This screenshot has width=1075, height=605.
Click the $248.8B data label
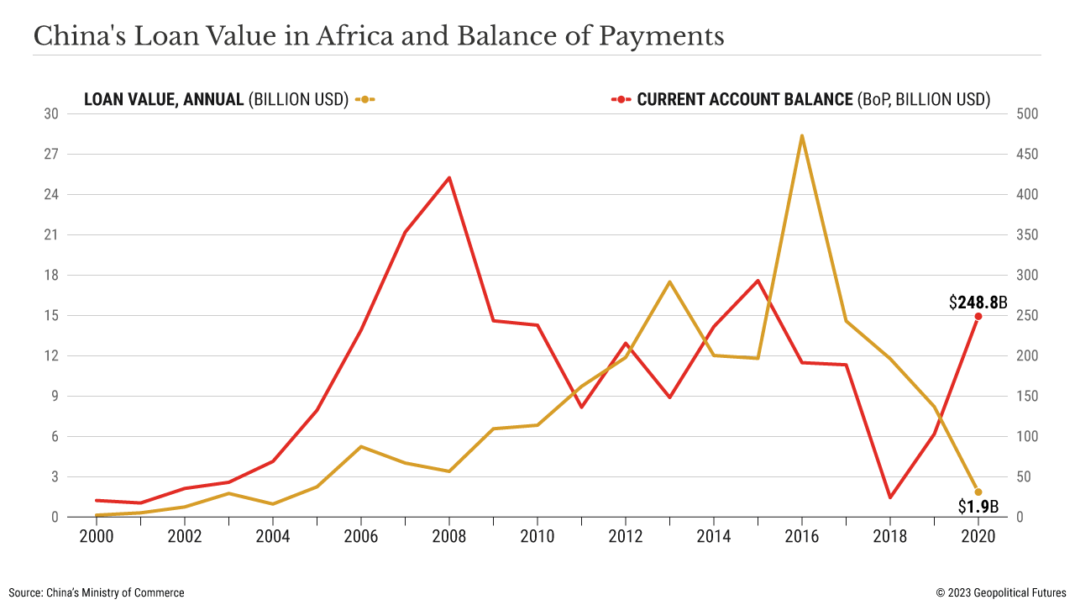click(978, 302)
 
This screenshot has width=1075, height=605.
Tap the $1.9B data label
click(978, 507)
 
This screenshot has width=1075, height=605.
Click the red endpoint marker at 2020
click(978, 316)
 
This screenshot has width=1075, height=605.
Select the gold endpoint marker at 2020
click(978, 492)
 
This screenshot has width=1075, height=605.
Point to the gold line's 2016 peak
click(802, 135)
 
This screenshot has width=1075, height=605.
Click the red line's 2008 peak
click(449, 177)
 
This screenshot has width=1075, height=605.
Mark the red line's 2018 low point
click(890, 497)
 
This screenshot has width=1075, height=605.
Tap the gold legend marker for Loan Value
click(364, 99)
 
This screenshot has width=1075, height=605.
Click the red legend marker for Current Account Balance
click(621, 99)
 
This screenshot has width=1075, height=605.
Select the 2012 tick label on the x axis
click(626, 535)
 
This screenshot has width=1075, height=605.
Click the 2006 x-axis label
click(361, 535)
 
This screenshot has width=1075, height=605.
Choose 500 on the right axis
click(1028, 114)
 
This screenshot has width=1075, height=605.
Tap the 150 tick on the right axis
click(1028, 397)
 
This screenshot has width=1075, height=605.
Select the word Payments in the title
click(662, 37)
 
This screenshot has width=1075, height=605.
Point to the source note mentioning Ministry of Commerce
click(97, 592)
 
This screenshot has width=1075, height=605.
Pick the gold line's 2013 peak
click(669, 281)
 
